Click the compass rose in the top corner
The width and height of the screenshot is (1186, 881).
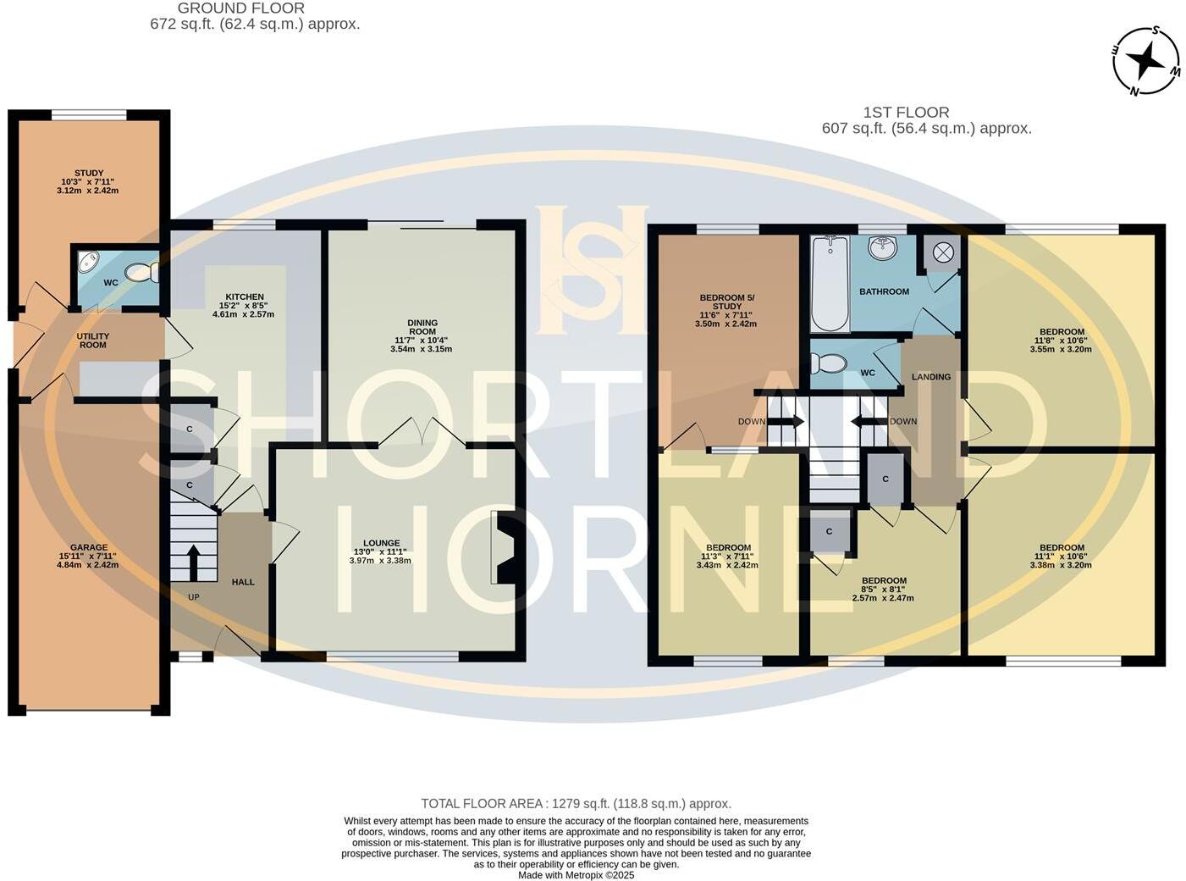(x=1146, y=61)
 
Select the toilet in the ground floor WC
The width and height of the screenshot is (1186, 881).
(x=141, y=272)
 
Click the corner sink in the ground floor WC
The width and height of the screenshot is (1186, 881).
(x=87, y=262)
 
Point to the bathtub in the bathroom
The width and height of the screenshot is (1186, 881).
(x=830, y=284)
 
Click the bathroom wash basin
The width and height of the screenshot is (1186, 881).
(x=884, y=247)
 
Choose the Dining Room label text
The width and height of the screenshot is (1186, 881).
(x=422, y=327)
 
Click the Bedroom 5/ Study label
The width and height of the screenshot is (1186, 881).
(x=726, y=302)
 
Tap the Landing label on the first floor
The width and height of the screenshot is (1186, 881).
(x=931, y=377)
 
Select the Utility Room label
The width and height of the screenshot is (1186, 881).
(x=93, y=341)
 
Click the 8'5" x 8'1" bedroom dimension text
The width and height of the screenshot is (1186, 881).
(x=883, y=590)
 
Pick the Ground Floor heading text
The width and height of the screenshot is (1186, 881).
(x=241, y=8)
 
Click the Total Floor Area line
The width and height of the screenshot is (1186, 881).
(x=576, y=804)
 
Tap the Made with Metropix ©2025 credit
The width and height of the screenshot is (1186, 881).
(x=576, y=875)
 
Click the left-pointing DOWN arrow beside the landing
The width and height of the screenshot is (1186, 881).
(x=868, y=421)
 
